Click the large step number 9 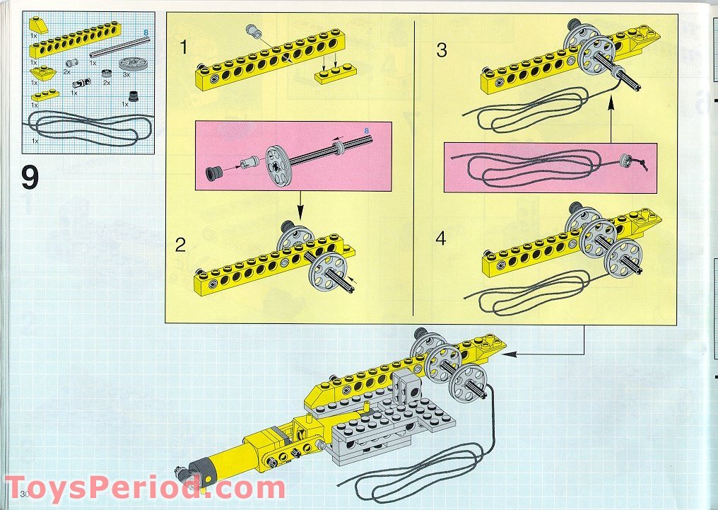[x=30, y=178]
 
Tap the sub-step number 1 [x=184, y=47]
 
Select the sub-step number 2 [x=180, y=245]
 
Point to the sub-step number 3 [x=442, y=50]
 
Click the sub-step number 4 [x=440, y=238]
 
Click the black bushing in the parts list [x=134, y=96]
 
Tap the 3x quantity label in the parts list [x=126, y=74]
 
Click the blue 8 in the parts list [x=146, y=33]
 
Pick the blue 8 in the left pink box [x=366, y=131]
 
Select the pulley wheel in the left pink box [x=278, y=166]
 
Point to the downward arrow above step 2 [x=300, y=205]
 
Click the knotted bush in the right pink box [x=624, y=161]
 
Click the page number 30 [x=25, y=494]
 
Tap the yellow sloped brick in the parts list [x=40, y=25]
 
